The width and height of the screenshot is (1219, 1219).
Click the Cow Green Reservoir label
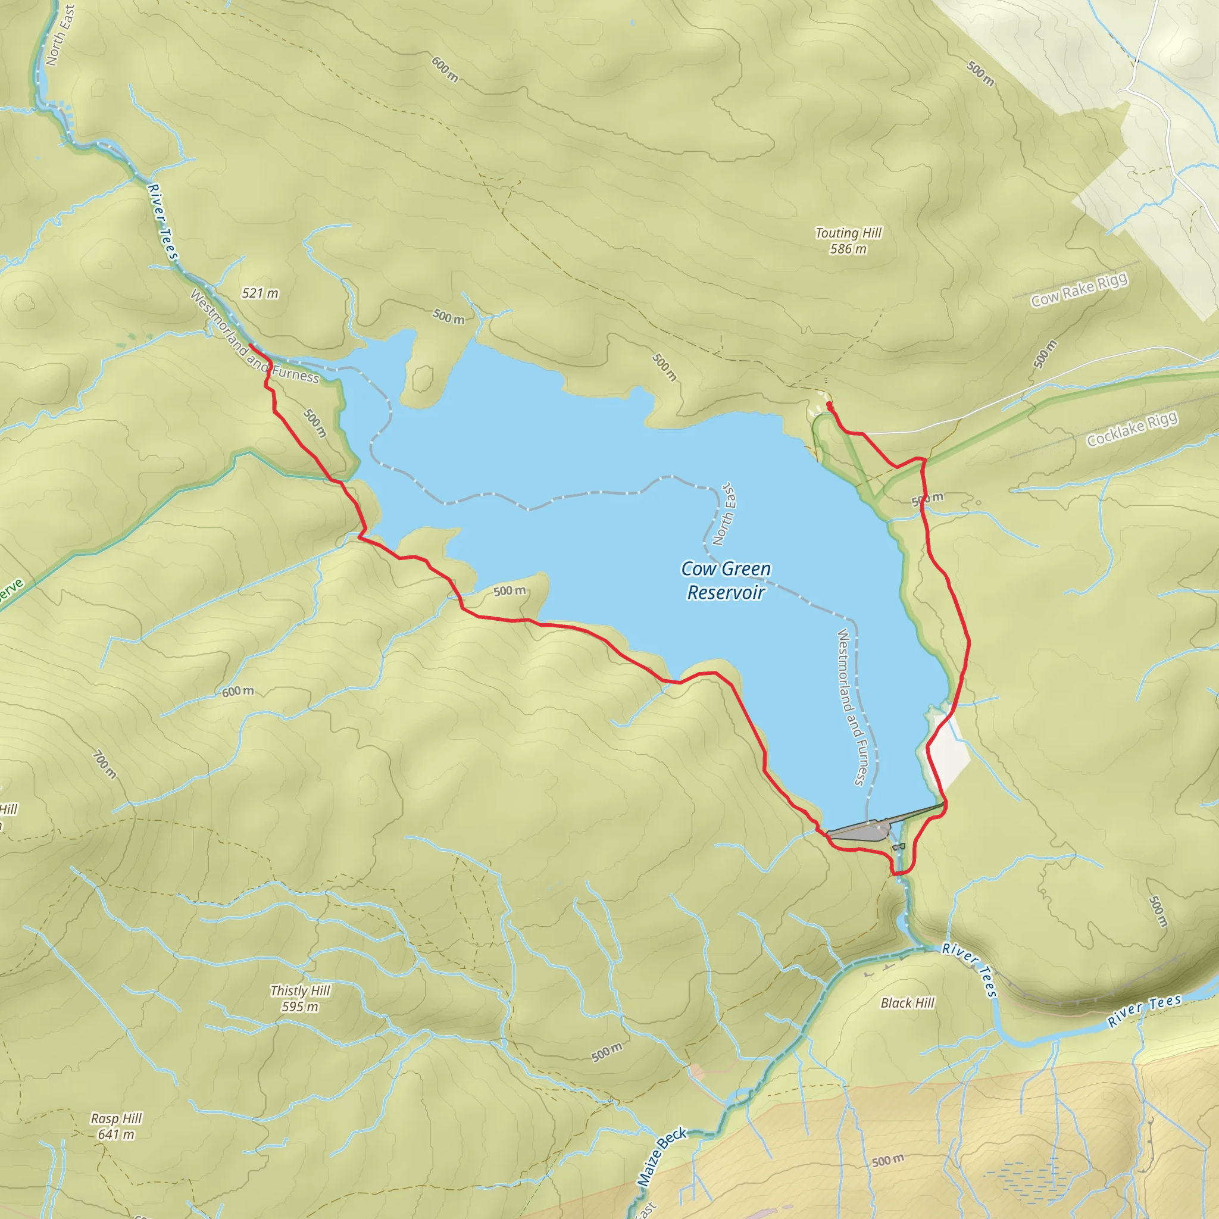[x=726, y=580]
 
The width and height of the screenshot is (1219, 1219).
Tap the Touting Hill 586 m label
[x=848, y=241]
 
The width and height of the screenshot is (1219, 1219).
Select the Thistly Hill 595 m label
[x=300, y=999]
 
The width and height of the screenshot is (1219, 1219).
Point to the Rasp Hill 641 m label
[x=116, y=1126]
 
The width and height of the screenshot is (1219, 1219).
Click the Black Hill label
[x=907, y=1003]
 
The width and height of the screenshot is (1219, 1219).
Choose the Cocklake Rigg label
[x=1132, y=429]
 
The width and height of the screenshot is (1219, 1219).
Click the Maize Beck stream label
[x=661, y=1157]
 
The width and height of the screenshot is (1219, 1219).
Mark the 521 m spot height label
[x=260, y=293]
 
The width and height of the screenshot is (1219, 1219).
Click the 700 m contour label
[x=104, y=764]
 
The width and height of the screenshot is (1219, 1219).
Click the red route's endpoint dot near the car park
[x=829, y=404]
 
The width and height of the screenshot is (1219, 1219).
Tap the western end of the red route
[x=251, y=345]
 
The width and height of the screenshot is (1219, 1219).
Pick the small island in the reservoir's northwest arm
[x=422, y=379]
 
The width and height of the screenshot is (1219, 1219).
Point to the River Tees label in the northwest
[x=162, y=221]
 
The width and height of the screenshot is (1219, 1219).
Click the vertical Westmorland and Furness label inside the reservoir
[x=852, y=707]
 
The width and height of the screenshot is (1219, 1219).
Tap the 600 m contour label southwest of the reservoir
[x=238, y=692]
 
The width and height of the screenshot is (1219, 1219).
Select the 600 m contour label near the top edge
[x=445, y=70]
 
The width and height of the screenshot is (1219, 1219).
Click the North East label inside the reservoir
[x=724, y=514]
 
